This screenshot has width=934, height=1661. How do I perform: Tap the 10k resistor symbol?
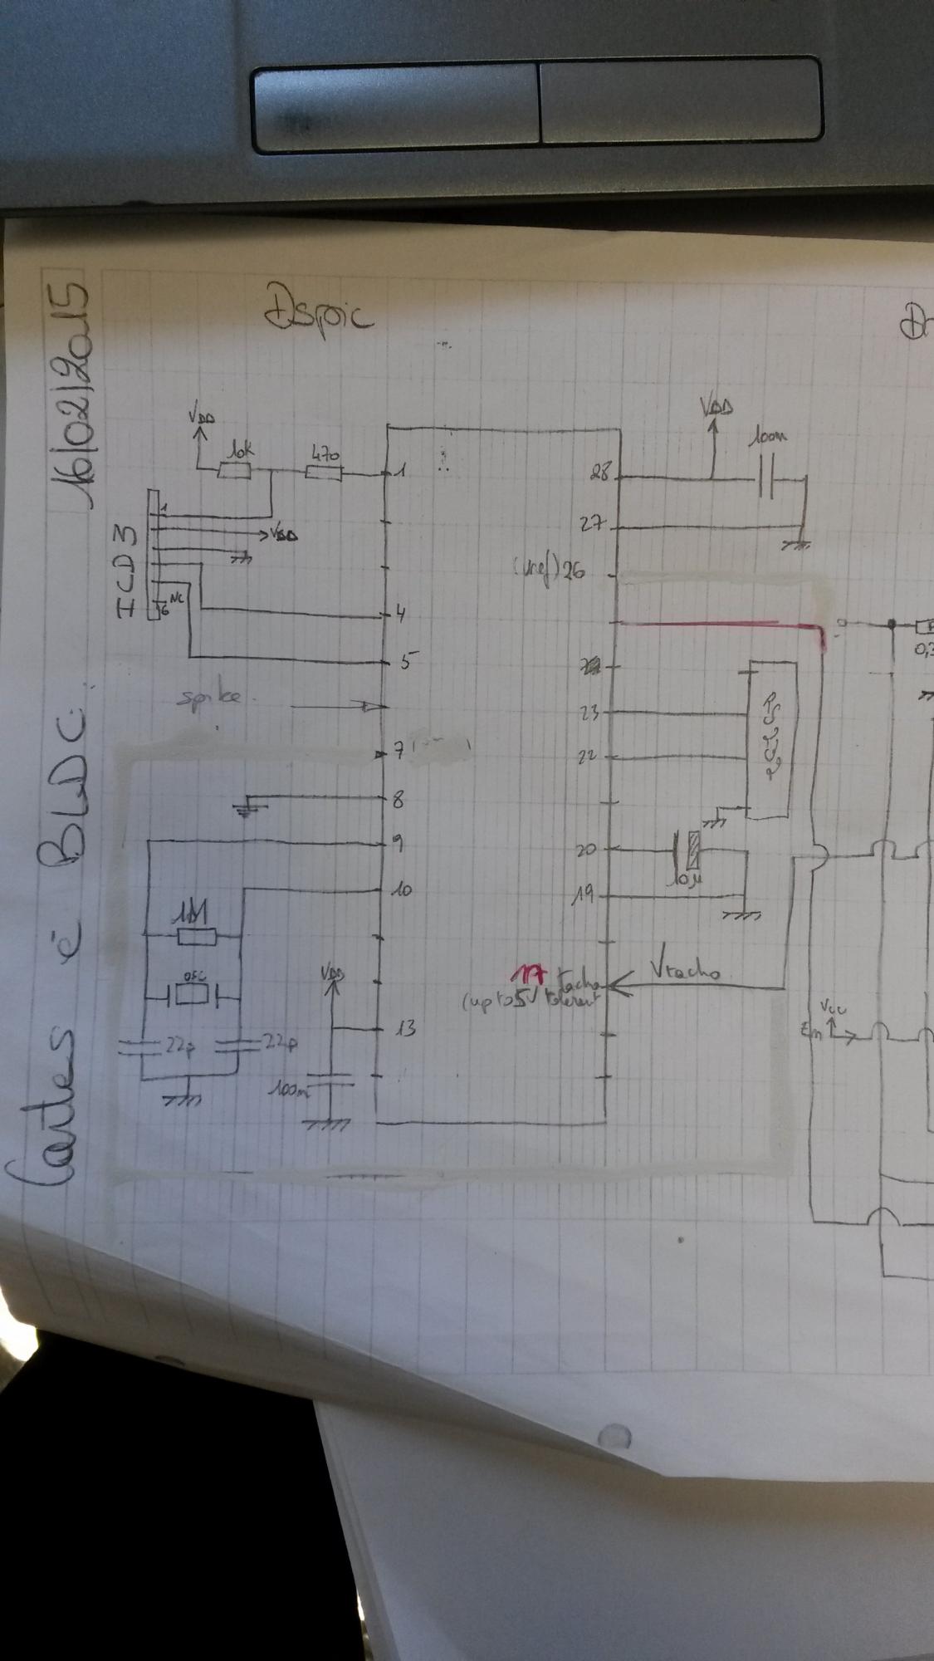[x=234, y=471]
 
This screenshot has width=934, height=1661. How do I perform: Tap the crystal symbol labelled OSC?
[x=192, y=994]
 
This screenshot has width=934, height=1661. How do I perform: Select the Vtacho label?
[x=686, y=969]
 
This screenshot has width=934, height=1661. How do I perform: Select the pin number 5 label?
[x=408, y=662]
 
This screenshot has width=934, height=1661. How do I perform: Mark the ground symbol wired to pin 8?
[x=246, y=810]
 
